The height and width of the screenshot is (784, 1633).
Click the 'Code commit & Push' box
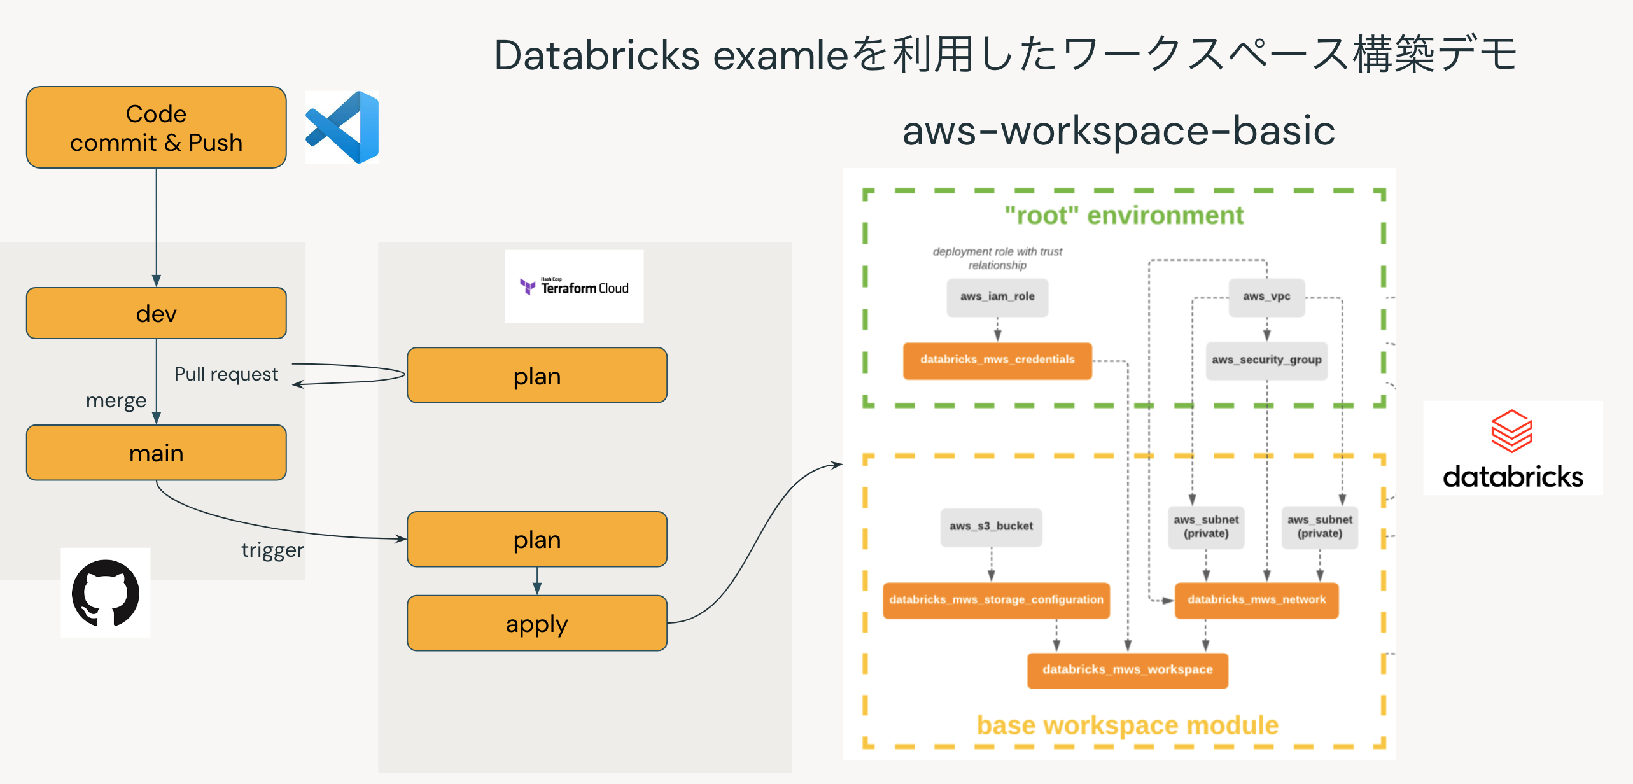point(156,127)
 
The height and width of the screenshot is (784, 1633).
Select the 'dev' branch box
point(156,313)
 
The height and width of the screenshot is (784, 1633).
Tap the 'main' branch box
point(156,452)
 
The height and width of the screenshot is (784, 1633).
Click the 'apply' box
point(536,623)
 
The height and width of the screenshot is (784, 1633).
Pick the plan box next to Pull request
point(536,375)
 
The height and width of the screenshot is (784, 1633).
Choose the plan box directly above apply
point(536,539)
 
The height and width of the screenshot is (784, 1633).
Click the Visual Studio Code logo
point(343,127)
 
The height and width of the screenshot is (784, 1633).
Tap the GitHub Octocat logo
point(106,592)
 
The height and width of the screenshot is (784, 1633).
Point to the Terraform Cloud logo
point(574,287)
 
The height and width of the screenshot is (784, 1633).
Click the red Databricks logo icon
point(1511,431)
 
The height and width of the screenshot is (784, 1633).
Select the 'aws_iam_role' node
point(997,297)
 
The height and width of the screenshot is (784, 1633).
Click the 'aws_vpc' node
point(1266,297)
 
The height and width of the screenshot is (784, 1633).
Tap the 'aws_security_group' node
point(1266,360)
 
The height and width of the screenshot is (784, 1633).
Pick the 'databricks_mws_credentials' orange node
point(997,360)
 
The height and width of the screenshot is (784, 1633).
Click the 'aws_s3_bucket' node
point(991,526)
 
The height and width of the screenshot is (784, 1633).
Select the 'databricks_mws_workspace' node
point(1127,669)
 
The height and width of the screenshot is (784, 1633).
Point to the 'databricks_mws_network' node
point(1256,599)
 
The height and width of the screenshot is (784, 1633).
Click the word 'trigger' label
point(272,550)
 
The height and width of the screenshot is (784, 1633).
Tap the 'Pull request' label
point(226,374)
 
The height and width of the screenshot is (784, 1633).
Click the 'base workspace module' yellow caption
point(1127,725)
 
